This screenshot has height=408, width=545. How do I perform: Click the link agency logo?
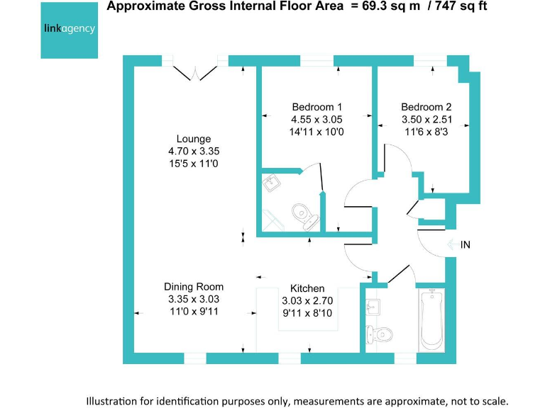point(70,30)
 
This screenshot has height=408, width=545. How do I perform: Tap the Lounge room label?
point(194,139)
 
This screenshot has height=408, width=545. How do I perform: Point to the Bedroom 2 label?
point(426,108)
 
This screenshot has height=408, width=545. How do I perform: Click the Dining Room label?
point(194,287)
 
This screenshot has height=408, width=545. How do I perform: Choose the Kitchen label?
point(307,288)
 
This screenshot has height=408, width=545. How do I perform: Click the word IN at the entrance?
point(466,245)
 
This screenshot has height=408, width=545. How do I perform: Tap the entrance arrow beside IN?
point(452,245)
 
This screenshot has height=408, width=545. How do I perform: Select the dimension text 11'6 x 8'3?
point(426,132)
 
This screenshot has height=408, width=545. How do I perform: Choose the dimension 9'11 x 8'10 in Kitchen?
point(307,312)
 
